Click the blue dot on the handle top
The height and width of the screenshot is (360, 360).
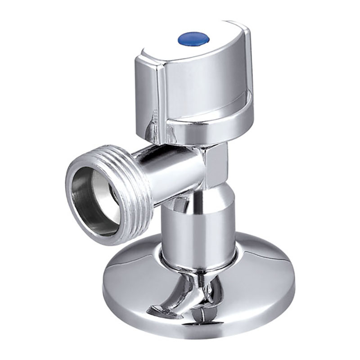[x=193, y=39]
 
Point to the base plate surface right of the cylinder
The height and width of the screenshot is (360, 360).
[x=265, y=274]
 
